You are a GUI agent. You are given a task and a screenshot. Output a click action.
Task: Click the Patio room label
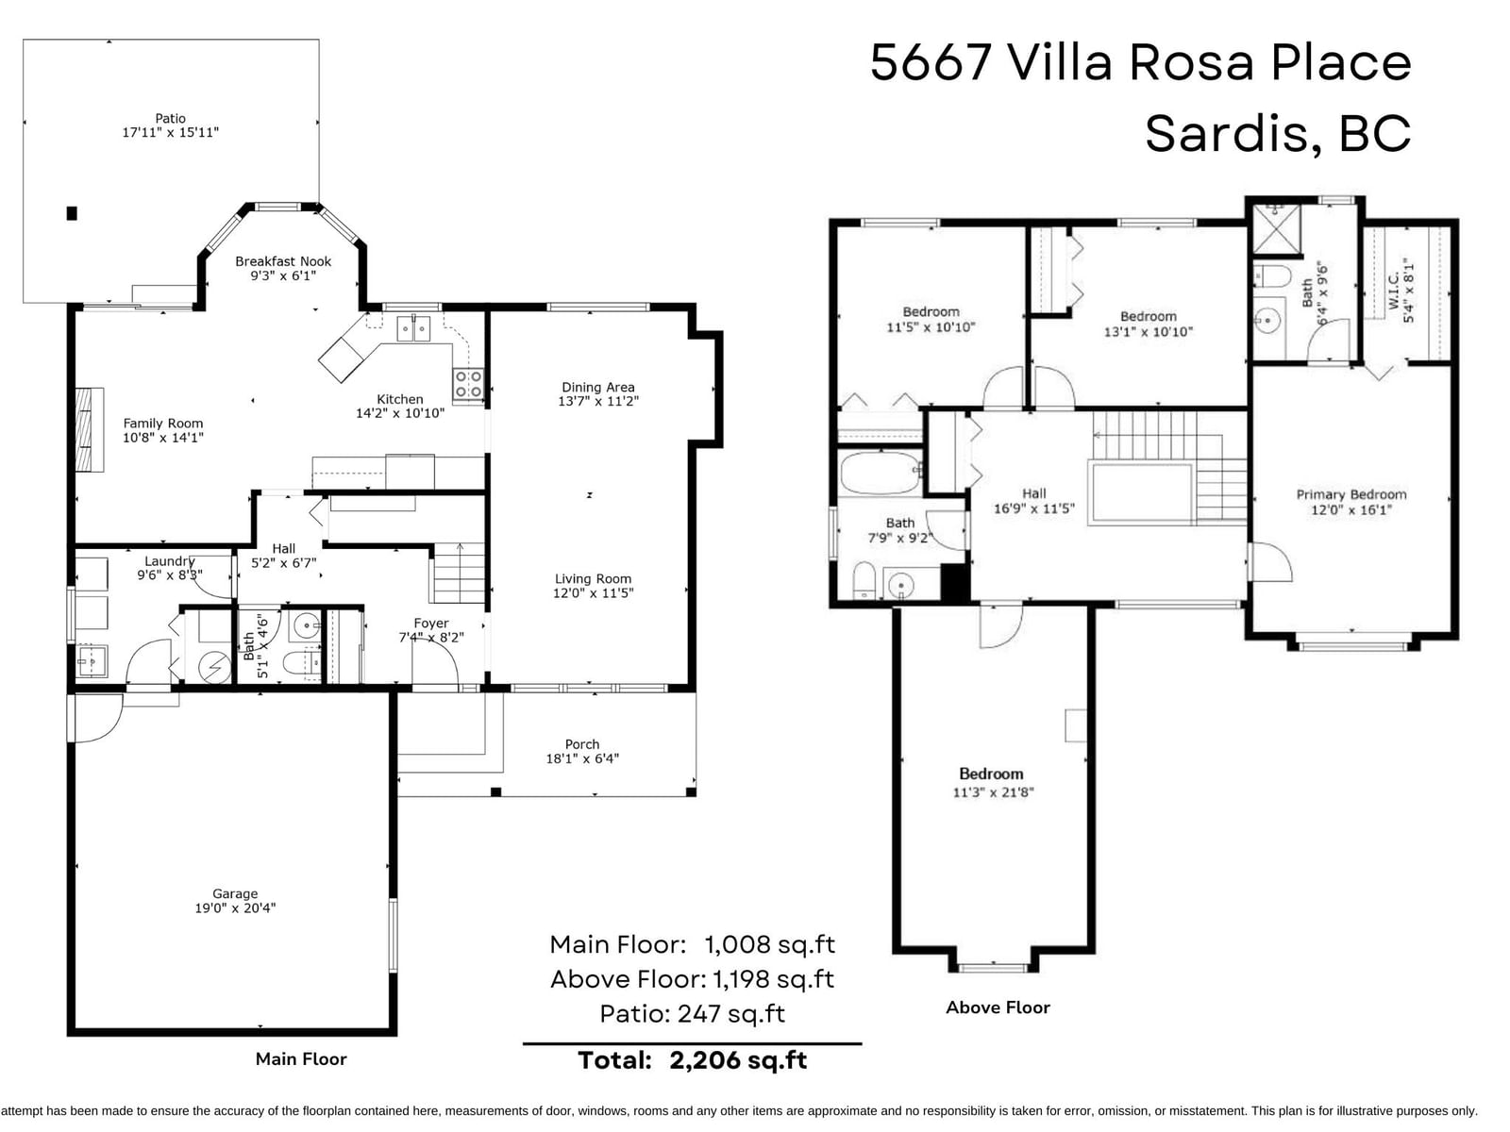tap(170, 118)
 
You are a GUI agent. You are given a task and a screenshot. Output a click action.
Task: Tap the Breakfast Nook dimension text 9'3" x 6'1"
tap(283, 275)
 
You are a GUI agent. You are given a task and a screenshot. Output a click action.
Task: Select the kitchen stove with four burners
tap(468, 384)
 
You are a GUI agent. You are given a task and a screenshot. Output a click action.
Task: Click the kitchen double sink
tap(413, 328)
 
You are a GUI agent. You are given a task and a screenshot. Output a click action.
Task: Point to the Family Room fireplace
tap(89, 429)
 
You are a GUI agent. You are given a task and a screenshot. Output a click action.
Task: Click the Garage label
tap(235, 893)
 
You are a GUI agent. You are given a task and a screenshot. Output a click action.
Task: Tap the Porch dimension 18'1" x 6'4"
tap(582, 758)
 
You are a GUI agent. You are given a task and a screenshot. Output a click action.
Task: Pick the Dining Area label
tap(597, 387)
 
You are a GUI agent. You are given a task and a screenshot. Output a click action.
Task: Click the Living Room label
tap(593, 578)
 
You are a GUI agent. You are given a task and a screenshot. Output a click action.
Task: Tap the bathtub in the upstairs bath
tap(881, 473)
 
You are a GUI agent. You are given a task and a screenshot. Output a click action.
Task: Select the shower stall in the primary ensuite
tap(1277, 229)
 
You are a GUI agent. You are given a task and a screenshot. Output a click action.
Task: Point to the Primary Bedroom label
tap(1351, 494)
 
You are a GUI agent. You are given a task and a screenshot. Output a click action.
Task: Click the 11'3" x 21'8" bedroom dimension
tap(993, 792)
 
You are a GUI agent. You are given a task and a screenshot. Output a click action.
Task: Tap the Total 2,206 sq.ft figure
tap(692, 1060)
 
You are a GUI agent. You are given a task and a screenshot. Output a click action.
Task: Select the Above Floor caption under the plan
tap(998, 1007)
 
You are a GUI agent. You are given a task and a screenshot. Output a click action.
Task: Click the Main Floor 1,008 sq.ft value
tap(770, 944)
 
